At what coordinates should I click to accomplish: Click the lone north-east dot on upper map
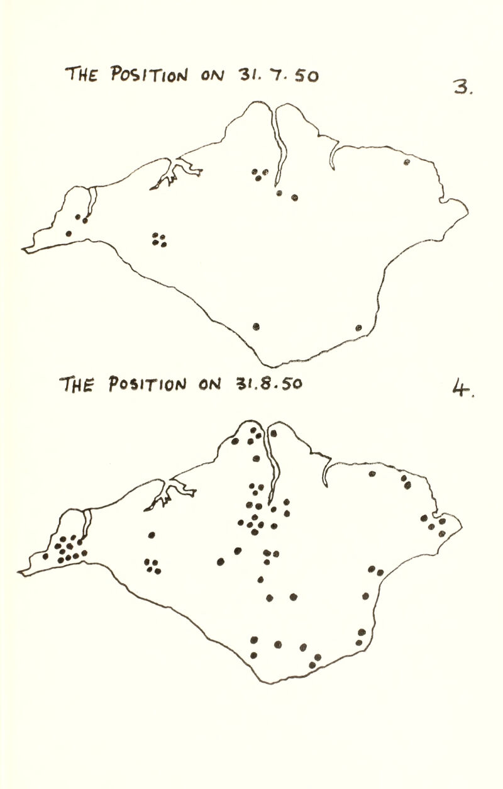[x=407, y=162]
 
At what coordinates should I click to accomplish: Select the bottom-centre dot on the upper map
[x=256, y=326]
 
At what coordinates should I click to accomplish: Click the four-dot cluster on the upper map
[x=158, y=240]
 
